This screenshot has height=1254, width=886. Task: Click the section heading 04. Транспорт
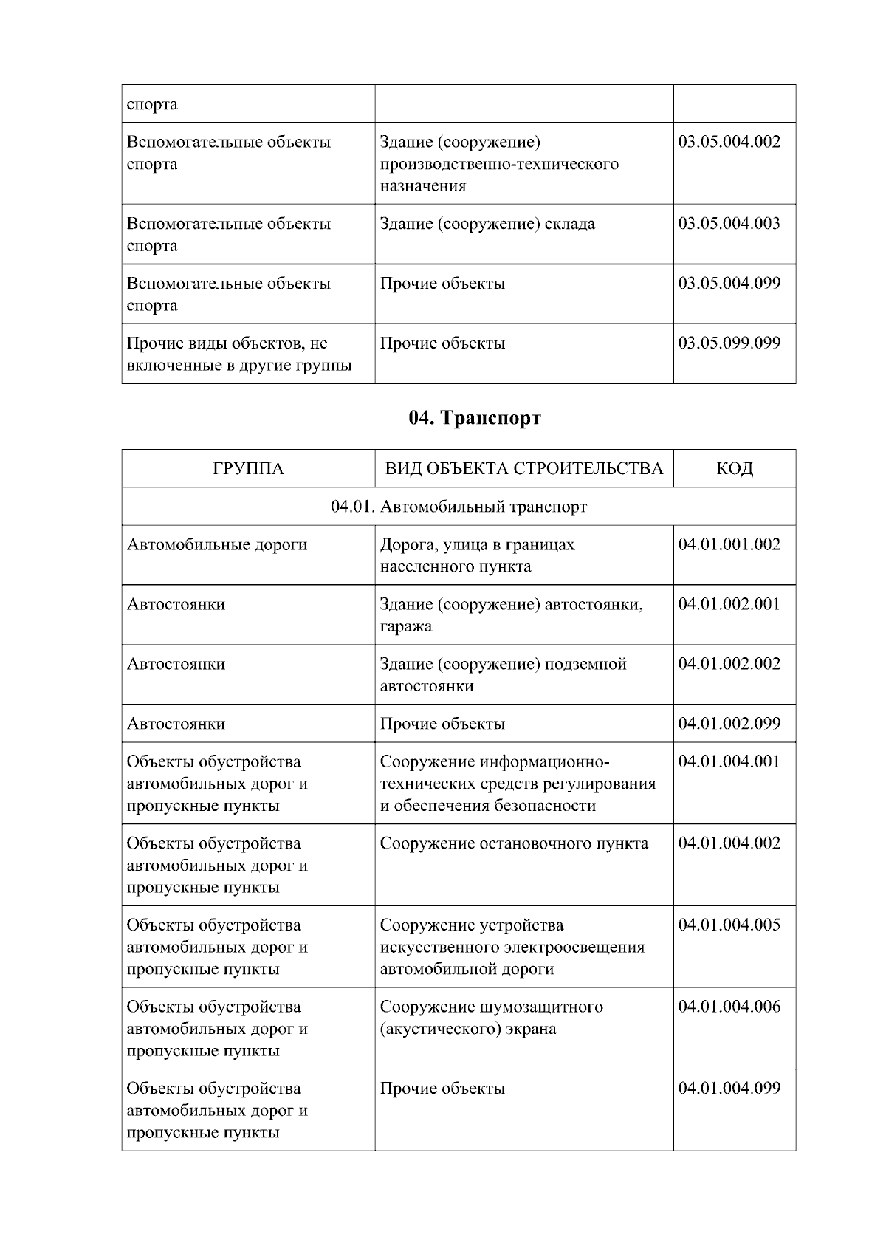[x=475, y=418]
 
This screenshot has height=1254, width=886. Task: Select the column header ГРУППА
[x=248, y=468]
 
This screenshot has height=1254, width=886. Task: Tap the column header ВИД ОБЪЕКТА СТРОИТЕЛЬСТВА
[x=524, y=468]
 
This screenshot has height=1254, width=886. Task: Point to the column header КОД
[x=735, y=468]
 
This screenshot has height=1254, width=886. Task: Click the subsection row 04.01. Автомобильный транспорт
[x=459, y=507]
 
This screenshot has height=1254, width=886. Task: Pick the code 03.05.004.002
[x=729, y=142]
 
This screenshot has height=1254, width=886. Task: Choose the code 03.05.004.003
[x=729, y=224]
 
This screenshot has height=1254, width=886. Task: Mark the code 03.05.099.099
[x=729, y=343]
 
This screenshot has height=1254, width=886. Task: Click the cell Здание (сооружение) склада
[x=487, y=224]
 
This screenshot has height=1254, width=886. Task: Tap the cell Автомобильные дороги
[x=217, y=545]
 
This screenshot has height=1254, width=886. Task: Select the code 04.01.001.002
[x=729, y=545]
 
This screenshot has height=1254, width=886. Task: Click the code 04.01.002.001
[x=729, y=604]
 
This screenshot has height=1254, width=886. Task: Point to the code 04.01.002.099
[x=729, y=724]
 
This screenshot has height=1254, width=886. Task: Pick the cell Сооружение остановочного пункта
[x=514, y=843]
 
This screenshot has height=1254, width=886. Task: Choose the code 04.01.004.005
[x=729, y=925]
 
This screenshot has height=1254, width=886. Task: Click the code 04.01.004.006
[x=729, y=1007]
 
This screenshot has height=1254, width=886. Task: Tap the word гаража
[x=406, y=627]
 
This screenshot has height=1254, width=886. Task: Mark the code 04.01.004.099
[x=729, y=1089]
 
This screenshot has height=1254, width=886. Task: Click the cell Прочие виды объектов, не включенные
[x=239, y=354]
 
